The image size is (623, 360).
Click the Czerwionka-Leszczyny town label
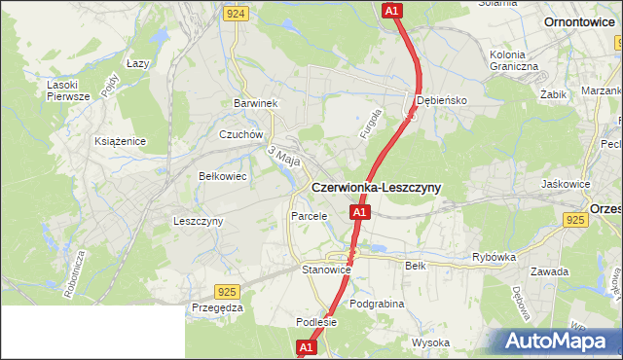376,187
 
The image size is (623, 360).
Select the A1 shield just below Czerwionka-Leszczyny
359,212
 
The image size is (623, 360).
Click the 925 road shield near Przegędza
227,291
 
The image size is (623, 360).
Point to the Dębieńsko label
442,100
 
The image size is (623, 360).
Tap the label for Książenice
120,141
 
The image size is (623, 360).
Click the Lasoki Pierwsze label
68,90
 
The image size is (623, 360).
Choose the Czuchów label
241,135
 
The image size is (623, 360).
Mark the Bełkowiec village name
222,177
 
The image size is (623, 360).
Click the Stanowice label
325,270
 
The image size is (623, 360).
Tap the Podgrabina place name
377,304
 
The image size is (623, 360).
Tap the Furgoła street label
369,126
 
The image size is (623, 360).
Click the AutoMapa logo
556,341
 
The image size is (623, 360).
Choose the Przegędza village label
217,307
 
